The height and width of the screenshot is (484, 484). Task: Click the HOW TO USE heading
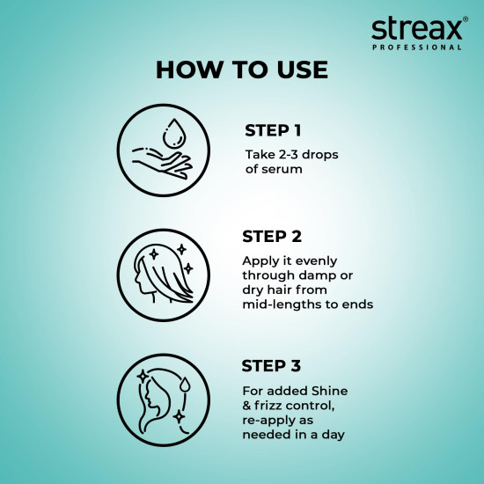click(x=241, y=70)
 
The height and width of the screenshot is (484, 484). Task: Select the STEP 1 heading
click(x=273, y=131)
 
